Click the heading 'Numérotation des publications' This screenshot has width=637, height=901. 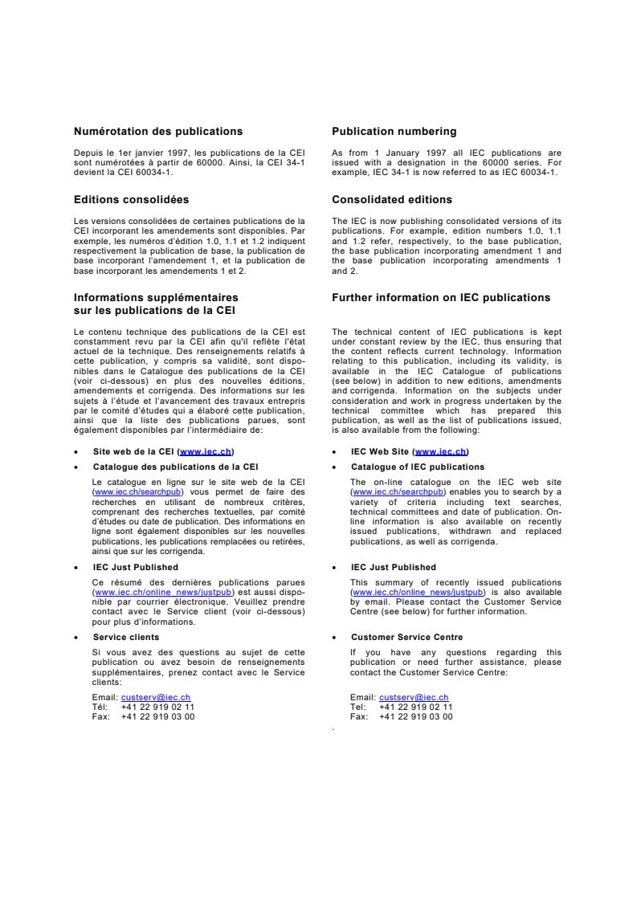pyautogui.click(x=157, y=132)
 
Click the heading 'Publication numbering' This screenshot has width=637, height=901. pyautogui.click(x=394, y=132)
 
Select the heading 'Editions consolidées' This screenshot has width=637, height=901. pyautogui.click(x=131, y=200)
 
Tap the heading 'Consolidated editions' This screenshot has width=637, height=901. pyautogui.click(x=391, y=200)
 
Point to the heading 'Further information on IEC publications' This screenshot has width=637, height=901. pyautogui.click(x=441, y=298)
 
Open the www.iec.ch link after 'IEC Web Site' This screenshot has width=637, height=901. pyautogui.click(x=441, y=451)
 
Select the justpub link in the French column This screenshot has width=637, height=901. pyautogui.click(x=154, y=592)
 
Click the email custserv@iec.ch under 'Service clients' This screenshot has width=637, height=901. pyautogui.click(x=155, y=698)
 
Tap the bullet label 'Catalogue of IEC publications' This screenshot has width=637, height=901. pyautogui.click(x=418, y=467)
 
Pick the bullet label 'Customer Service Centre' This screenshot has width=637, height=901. pyautogui.click(x=406, y=637)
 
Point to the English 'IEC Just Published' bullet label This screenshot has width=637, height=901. pyautogui.click(x=394, y=567)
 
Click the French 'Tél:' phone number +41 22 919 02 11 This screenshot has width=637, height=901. pyautogui.click(x=157, y=707)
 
